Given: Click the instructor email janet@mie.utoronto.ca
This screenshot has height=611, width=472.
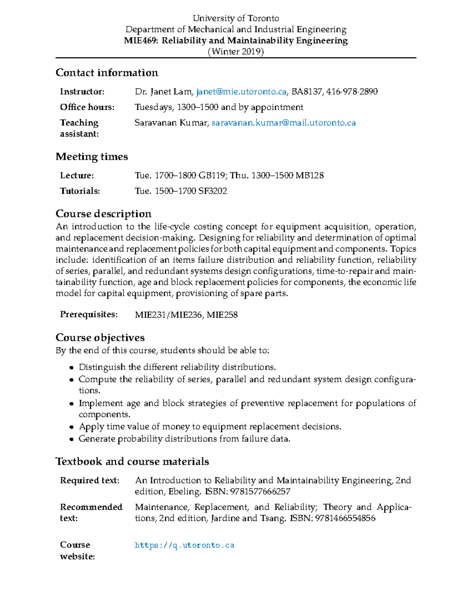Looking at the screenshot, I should [x=241, y=92].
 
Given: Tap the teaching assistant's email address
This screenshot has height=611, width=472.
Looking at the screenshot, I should [x=284, y=123].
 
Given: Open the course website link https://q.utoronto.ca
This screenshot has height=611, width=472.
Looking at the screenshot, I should [x=184, y=545].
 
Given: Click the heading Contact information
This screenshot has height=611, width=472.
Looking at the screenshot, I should [x=107, y=73].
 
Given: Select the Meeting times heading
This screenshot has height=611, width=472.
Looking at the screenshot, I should [x=92, y=157].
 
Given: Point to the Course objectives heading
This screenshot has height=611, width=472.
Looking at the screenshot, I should [x=100, y=338].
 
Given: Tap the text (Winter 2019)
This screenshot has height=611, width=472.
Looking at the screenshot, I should [x=236, y=52].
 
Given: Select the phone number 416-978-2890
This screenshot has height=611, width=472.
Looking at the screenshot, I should [x=352, y=92].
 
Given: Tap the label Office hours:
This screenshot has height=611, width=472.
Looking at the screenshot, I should [x=87, y=107].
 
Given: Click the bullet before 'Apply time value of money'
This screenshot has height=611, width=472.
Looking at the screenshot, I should [x=71, y=427].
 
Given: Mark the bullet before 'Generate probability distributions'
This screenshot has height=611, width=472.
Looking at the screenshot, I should [x=71, y=439].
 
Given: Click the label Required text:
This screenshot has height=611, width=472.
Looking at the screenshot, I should [x=90, y=480].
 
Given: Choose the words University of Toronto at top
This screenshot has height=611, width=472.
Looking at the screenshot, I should [x=236, y=18].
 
